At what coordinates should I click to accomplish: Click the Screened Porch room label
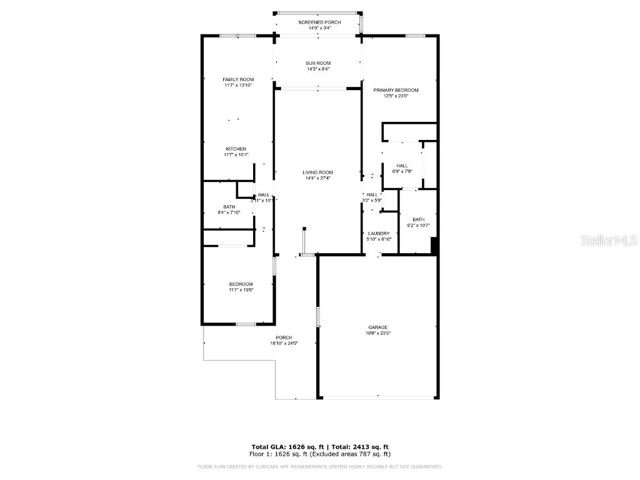pyautogui.click(x=319, y=22)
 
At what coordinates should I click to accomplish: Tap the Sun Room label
pyautogui.click(x=319, y=63)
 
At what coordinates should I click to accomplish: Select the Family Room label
pyautogui.click(x=238, y=79)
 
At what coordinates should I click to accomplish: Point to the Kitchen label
pyautogui.click(x=236, y=149)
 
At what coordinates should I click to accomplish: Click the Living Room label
pyautogui.click(x=318, y=172)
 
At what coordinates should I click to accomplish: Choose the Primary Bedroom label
pyautogui.click(x=396, y=90)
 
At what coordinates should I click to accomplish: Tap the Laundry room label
pyautogui.click(x=379, y=234)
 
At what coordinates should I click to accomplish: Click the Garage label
pyautogui.click(x=377, y=327)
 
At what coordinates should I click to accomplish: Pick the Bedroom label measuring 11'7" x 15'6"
pyautogui.click(x=241, y=284)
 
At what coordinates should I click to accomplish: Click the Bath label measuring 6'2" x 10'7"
pyautogui.click(x=418, y=219)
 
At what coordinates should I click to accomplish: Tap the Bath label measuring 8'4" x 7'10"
pyautogui.click(x=229, y=207)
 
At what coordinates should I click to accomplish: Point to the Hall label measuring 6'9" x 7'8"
pyautogui.click(x=402, y=166)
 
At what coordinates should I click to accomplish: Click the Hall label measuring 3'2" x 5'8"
pyautogui.click(x=372, y=195)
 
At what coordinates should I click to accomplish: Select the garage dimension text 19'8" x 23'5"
pyautogui.click(x=377, y=334)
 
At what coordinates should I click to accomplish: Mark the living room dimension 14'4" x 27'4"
pyautogui.click(x=318, y=179)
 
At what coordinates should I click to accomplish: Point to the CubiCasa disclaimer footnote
pyautogui.click(x=319, y=467)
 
